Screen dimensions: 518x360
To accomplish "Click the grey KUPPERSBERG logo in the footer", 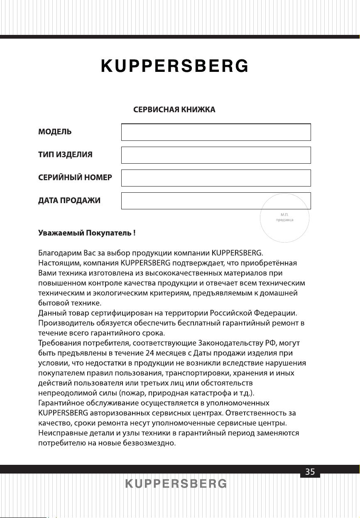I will [176, 484].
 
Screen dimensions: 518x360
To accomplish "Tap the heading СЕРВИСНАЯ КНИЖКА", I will [174, 110].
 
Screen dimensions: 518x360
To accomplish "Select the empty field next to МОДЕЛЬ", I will [216, 132].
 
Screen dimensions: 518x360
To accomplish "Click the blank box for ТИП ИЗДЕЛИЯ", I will [216, 155].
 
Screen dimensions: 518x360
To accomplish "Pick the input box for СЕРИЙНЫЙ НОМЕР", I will [216, 178].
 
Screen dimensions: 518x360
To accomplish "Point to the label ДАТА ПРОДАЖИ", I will [69, 201].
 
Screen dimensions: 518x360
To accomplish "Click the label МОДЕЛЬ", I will [55, 132].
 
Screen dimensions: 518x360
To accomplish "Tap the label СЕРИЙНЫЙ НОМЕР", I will [75, 178].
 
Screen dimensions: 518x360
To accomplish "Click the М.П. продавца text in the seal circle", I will [285, 217].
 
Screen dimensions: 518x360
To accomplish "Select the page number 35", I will [310, 471].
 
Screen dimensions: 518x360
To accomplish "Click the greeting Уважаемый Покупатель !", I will [87, 233].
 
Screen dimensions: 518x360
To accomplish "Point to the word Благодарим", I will [58, 252].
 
